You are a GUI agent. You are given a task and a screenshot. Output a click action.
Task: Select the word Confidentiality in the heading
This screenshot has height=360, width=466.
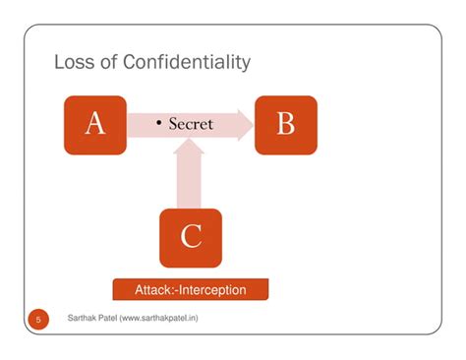point(187,63)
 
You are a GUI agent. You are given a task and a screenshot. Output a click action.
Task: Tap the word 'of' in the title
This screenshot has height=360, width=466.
point(108,62)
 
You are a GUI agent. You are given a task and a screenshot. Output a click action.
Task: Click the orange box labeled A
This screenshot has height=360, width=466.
point(95,125)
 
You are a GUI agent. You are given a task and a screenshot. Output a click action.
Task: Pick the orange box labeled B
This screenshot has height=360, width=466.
point(286,125)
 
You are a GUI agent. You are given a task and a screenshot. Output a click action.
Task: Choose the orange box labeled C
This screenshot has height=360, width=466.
point(191,238)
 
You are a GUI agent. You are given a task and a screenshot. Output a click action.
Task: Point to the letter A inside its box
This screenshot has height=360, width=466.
point(95,123)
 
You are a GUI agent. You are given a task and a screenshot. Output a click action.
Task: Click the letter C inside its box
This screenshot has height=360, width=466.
point(191,236)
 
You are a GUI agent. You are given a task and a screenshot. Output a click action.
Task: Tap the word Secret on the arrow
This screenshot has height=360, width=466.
point(191,124)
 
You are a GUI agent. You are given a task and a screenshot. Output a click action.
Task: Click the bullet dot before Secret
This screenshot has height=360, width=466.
point(159,123)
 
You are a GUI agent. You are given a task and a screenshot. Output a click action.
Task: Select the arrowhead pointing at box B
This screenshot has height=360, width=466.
point(246,125)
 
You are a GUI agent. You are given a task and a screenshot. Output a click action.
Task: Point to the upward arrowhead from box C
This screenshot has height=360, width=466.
point(189,147)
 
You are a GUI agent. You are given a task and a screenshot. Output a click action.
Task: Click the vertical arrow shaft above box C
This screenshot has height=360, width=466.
point(189,181)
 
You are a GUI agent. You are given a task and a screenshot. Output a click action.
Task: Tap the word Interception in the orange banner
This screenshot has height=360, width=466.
point(213,290)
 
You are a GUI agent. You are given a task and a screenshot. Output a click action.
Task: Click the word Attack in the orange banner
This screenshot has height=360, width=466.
point(152,290)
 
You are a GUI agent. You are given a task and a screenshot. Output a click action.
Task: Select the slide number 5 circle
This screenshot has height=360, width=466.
point(38,320)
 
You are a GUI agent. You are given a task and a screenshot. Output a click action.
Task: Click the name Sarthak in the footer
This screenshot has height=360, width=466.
point(80,318)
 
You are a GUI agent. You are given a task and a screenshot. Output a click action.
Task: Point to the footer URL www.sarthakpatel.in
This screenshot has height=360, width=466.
point(159,318)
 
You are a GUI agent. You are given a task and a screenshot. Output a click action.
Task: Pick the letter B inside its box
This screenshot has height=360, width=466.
point(286,123)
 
